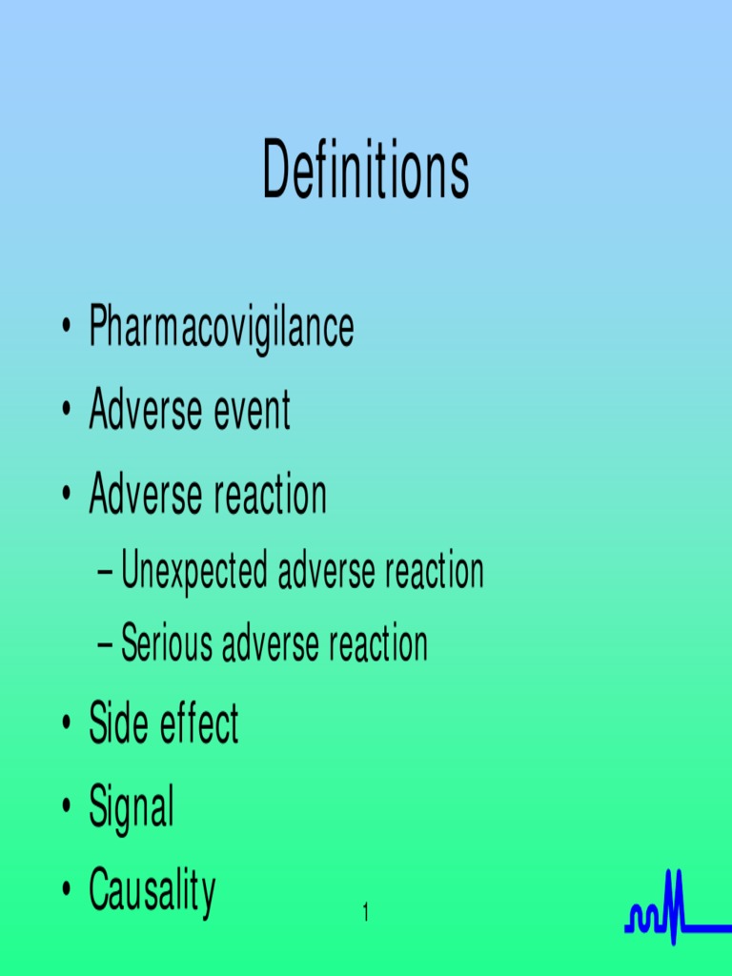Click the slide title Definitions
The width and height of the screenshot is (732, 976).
[366, 170]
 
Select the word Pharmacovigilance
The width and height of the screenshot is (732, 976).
[221, 328]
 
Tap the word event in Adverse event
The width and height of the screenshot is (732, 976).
[252, 412]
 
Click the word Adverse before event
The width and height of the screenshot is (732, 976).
[146, 412]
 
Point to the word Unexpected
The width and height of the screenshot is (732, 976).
[194, 572]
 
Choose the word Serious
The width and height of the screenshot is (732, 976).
[168, 644]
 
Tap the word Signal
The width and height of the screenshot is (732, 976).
[132, 808]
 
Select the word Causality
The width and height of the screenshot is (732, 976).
[152, 890]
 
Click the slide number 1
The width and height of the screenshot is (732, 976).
[365, 914]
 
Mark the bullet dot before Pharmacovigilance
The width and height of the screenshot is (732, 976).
[66, 329]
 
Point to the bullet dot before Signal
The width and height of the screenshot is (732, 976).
[66, 809]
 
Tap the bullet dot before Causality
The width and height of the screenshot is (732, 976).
[66, 890]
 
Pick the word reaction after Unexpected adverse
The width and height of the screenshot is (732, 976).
[435, 572]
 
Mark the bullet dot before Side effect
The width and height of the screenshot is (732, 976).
[66, 725]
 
